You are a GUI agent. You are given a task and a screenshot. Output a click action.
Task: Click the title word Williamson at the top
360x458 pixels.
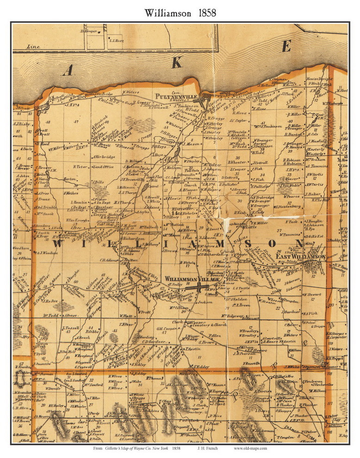(166, 13)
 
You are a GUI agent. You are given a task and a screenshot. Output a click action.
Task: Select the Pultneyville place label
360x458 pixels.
(186, 97)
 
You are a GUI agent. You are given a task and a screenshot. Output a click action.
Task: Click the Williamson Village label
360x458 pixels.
(184, 279)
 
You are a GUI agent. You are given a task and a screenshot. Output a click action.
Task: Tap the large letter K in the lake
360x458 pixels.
(176, 63)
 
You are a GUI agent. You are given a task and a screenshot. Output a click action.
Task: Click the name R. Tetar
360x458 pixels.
(80, 167)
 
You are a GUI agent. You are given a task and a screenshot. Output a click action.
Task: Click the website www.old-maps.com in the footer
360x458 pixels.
(250, 448)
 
